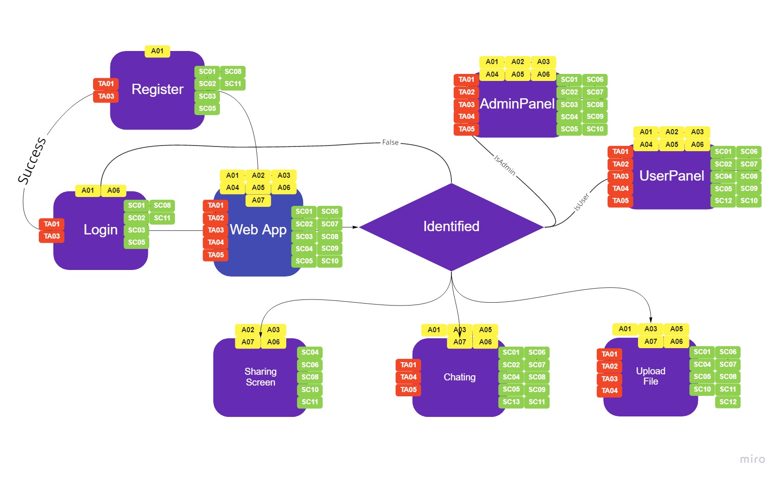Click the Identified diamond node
(451, 226)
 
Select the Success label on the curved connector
(32, 160)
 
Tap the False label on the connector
(390, 142)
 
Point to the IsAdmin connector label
(505, 165)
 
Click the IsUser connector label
(581, 202)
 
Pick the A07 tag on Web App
(258, 200)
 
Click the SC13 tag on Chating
(511, 402)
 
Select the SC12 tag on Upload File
(728, 402)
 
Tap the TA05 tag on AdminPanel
(466, 129)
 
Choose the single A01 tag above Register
(157, 51)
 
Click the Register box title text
(157, 89)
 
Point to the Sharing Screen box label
(261, 377)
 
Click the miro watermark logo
(752, 459)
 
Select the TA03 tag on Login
(51, 236)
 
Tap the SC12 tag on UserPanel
(723, 201)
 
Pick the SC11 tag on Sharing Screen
(310, 402)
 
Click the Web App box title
(258, 230)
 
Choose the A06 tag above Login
(114, 190)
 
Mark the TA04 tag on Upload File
(609, 391)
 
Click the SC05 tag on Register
(207, 109)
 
